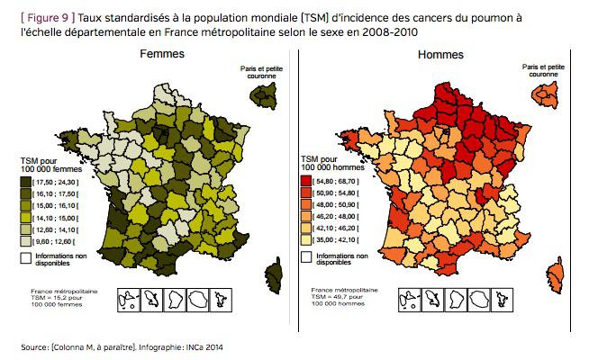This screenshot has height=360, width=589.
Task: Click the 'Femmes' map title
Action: [162, 54]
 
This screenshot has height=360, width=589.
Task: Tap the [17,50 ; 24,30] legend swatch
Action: [26, 181]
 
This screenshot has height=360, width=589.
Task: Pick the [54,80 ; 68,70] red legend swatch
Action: [307, 181]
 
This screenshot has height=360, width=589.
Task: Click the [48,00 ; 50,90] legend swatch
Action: [307, 204]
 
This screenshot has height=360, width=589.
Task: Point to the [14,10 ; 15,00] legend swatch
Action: [26, 216]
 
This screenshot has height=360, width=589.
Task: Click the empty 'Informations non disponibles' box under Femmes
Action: [26, 257]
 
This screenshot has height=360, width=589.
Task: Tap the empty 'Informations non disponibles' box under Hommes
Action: [307, 257]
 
